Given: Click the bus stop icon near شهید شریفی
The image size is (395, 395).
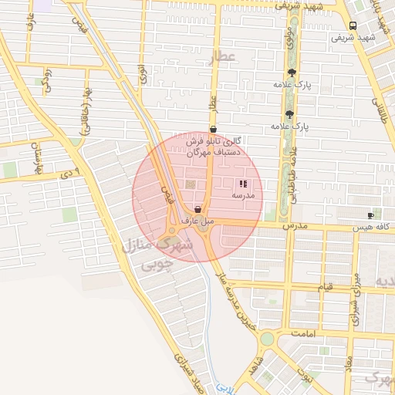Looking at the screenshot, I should pos(353,25).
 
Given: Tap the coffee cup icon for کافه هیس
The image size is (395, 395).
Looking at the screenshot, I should pos(371,215).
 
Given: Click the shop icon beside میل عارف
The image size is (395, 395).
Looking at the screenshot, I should pos(198,209).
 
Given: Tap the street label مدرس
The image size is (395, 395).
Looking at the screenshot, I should pos(295,226).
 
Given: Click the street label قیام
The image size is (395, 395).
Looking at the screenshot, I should pos(326,287).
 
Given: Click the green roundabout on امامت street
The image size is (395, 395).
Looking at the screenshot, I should pos(267,339).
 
